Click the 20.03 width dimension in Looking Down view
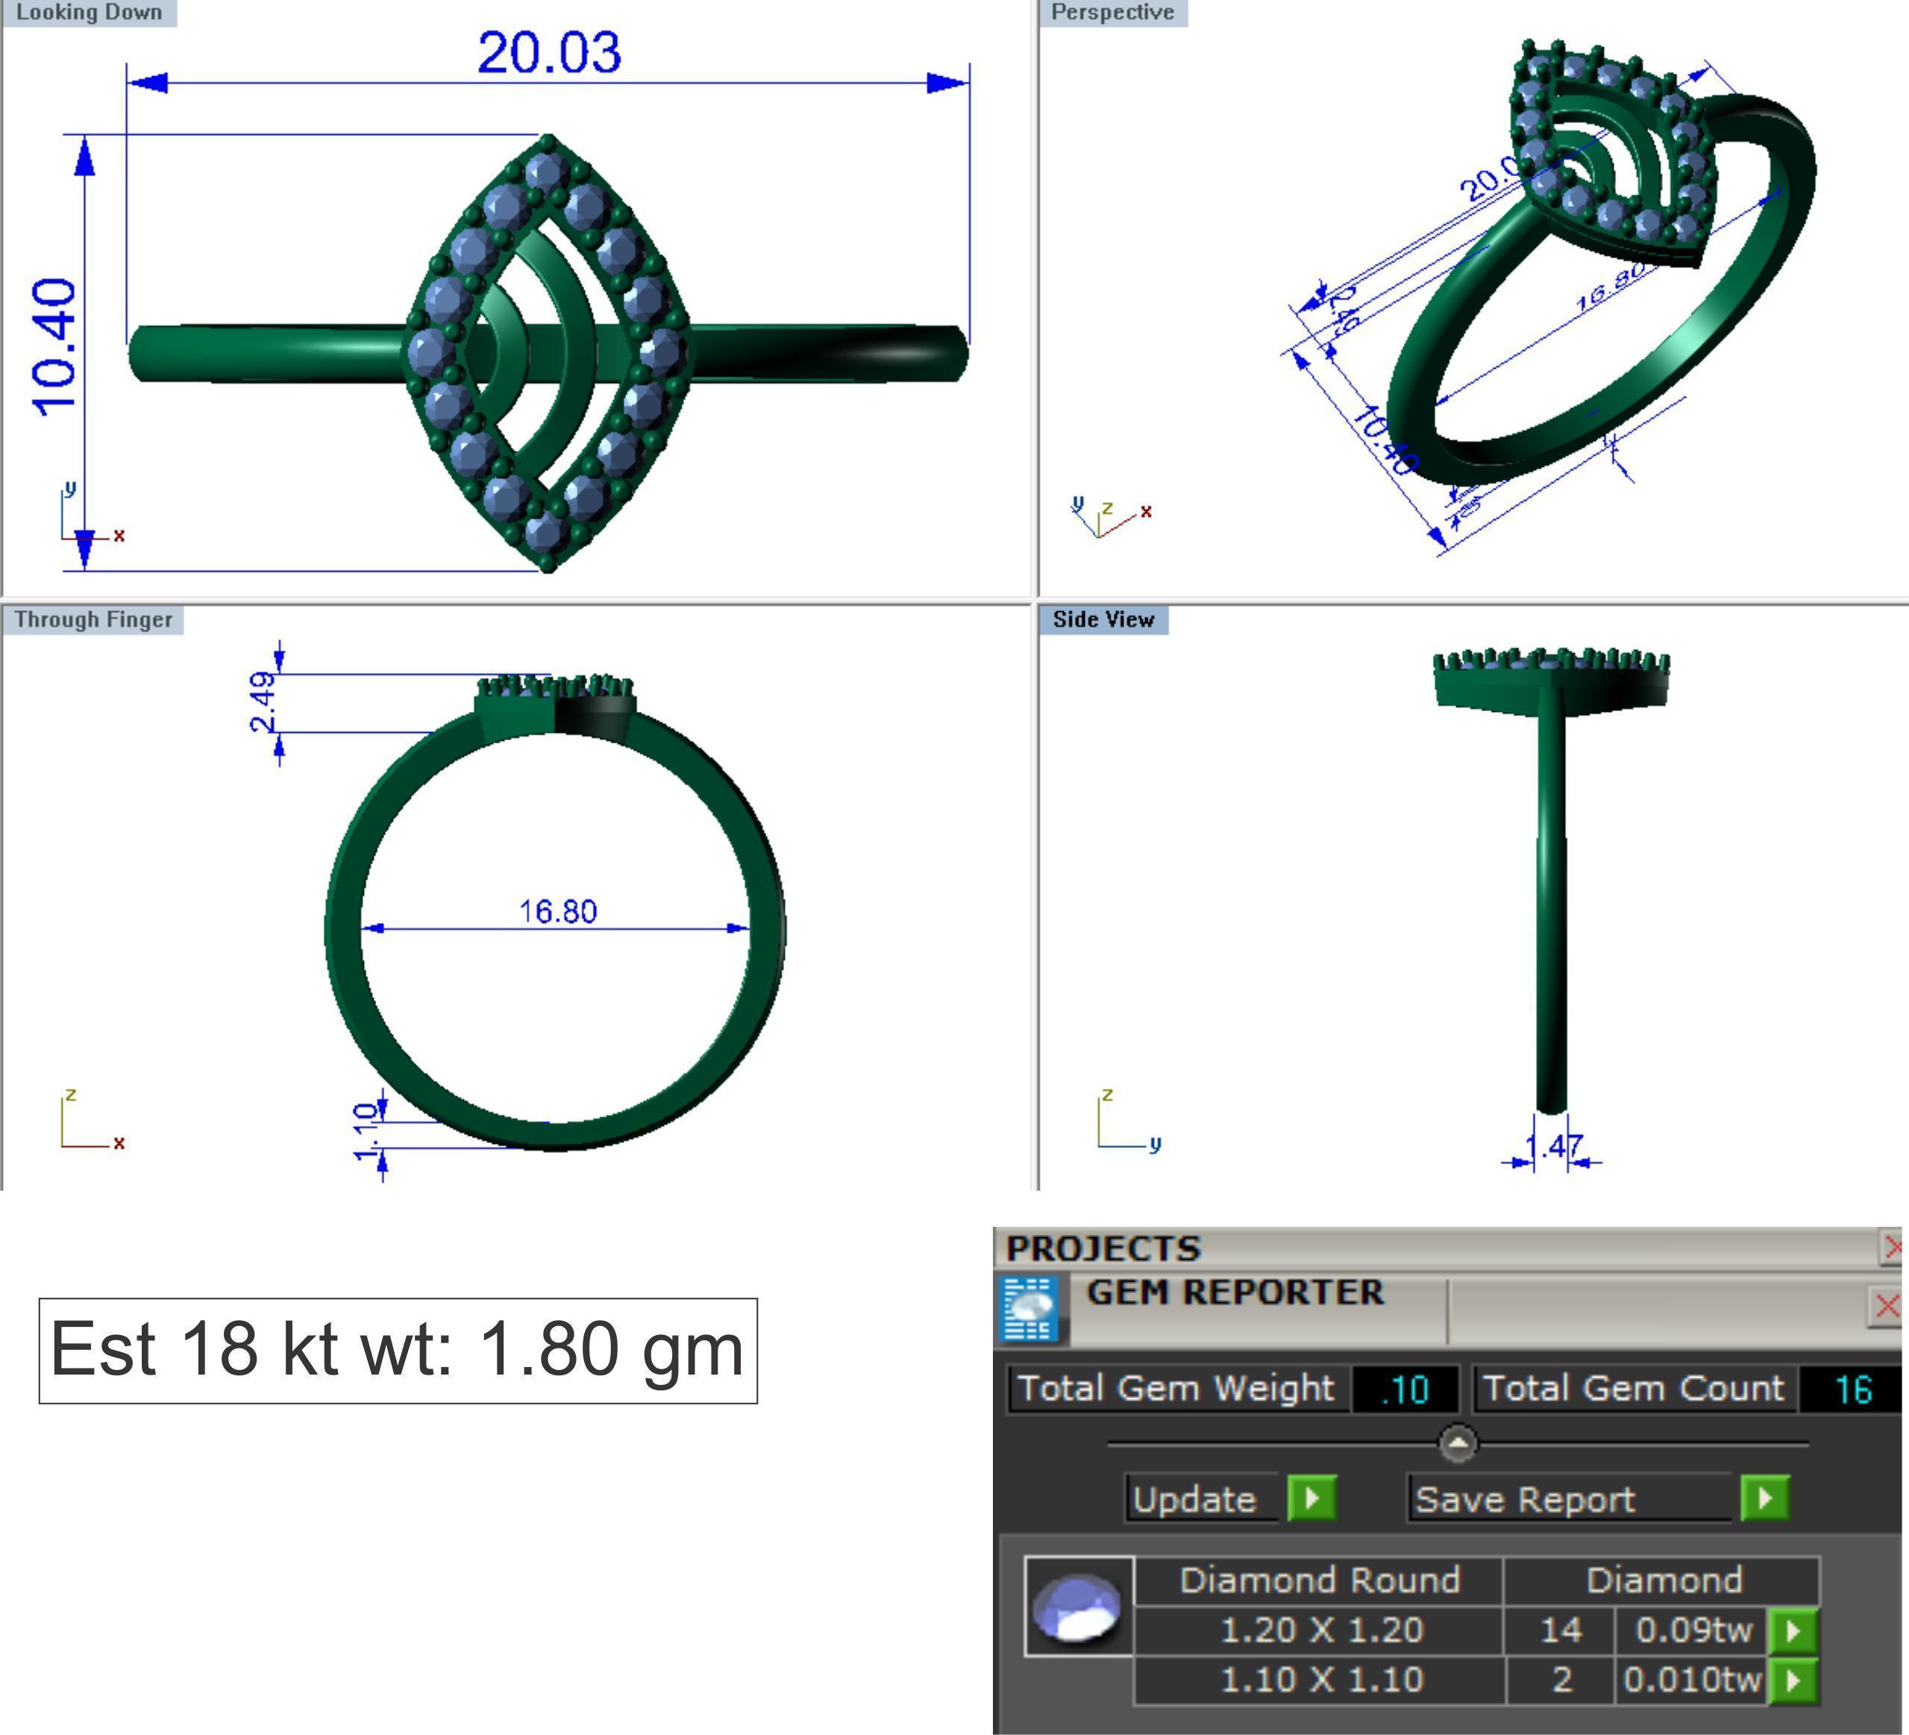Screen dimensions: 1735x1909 [x=549, y=52]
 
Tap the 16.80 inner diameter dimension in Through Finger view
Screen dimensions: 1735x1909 [x=558, y=911]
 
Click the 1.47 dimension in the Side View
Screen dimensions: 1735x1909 [x=1553, y=1147]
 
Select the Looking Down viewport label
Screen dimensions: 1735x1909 [x=89, y=12]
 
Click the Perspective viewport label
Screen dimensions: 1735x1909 [x=1112, y=12]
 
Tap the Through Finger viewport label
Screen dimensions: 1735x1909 [x=93, y=619]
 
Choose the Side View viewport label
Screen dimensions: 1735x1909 [x=1103, y=619]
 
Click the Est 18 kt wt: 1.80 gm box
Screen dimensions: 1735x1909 [x=398, y=1349]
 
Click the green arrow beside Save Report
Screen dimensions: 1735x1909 [x=1765, y=1498]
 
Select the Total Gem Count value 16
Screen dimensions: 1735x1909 [x=1852, y=1389]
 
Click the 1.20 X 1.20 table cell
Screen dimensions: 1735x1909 [x=1321, y=1630]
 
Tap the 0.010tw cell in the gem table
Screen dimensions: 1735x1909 [x=1691, y=1679]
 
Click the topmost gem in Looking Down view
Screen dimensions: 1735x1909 [x=546, y=170]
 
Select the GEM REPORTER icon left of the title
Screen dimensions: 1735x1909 [x=1030, y=1310]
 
